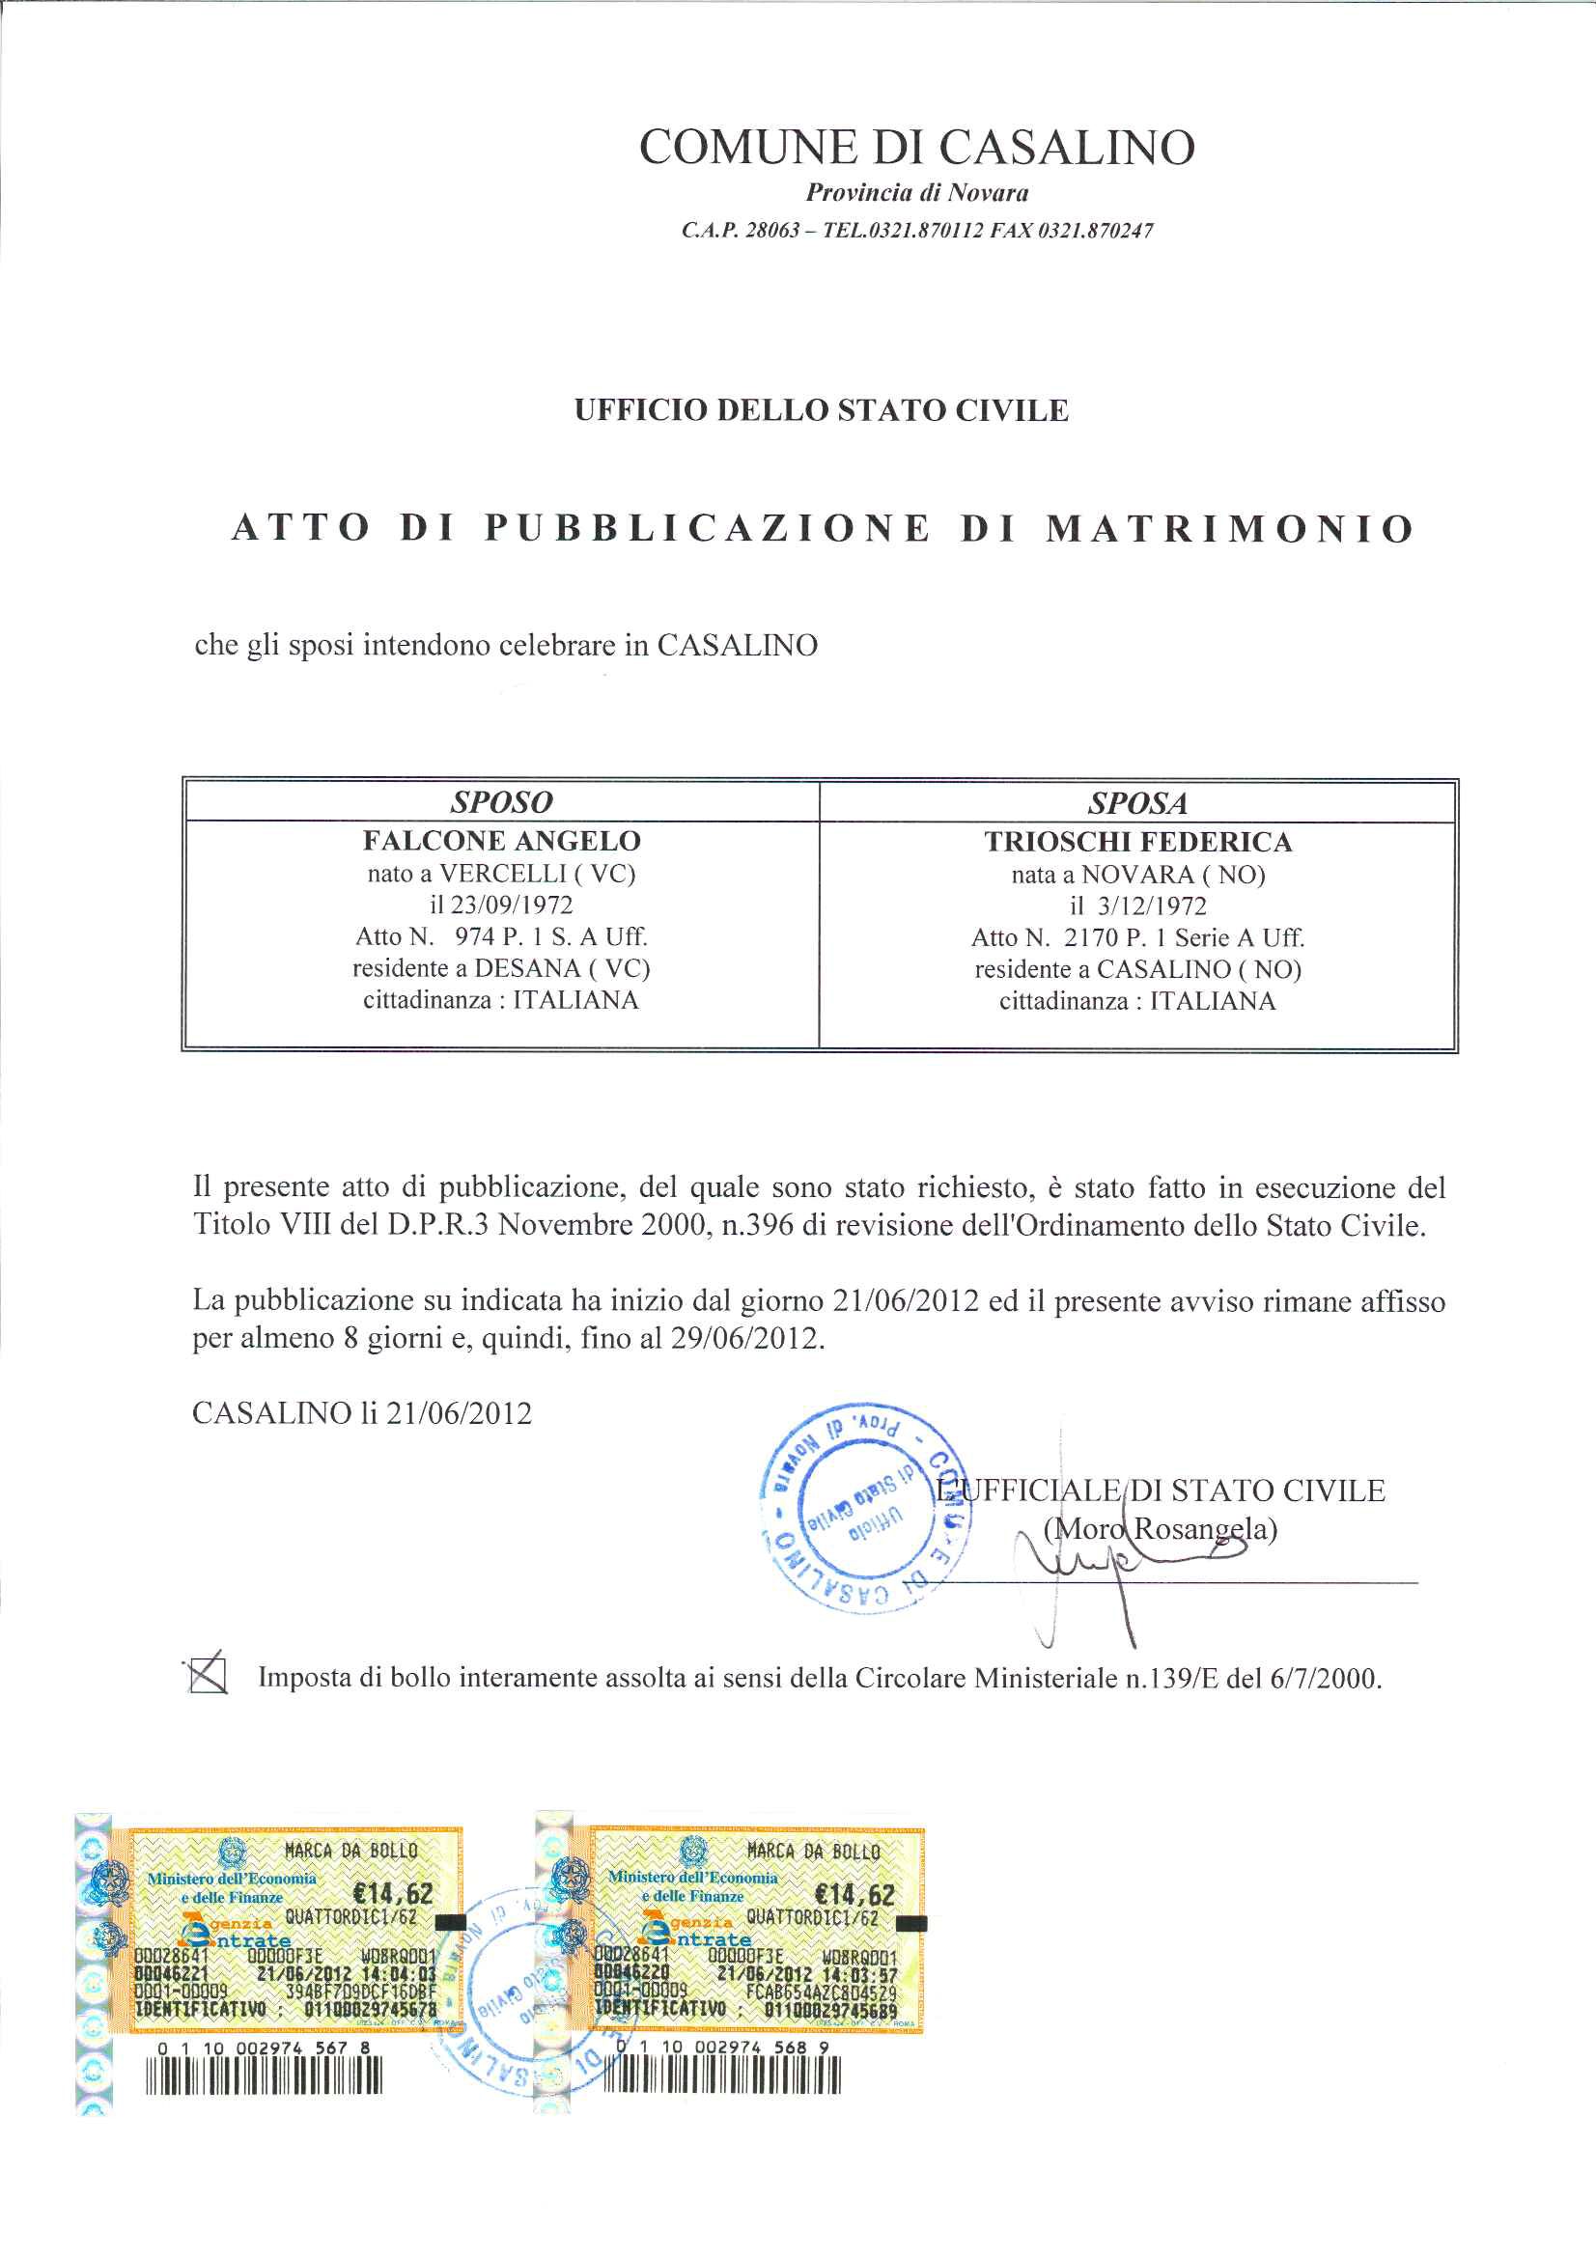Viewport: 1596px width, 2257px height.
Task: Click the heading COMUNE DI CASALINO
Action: pyautogui.click(x=916, y=148)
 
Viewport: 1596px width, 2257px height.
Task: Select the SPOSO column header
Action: pyautogui.click(x=500, y=802)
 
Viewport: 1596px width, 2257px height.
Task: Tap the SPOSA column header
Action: pyautogui.click(x=1136, y=803)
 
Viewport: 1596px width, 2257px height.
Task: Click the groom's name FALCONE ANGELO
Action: pyautogui.click(x=500, y=842)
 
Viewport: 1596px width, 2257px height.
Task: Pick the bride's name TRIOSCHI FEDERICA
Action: pyautogui.click(x=1137, y=843)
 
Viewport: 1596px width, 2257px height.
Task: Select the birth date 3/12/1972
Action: pyautogui.click(x=1153, y=906)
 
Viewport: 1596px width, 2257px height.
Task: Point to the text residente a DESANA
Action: pyautogui.click(x=501, y=968)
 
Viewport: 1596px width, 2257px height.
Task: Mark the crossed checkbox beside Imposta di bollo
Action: pyautogui.click(x=208, y=1676)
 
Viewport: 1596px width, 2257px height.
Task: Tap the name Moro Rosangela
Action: pyautogui.click(x=1161, y=1529)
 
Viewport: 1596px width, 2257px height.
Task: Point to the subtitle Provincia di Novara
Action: pyautogui.click(x=916, y=193)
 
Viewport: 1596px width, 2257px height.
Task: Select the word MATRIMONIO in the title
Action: pyautogui.click(x=1229, y=529)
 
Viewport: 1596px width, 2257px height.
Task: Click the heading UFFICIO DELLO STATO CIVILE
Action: pyautogui.click(x=821, y=410)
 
